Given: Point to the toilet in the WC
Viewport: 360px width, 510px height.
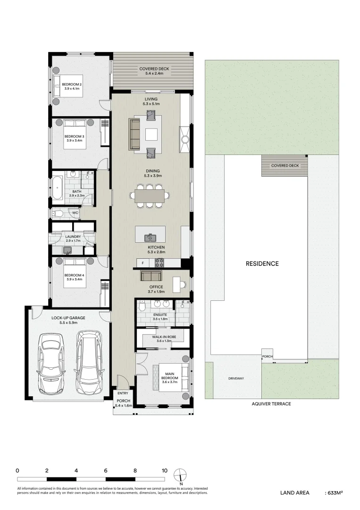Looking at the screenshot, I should click(x=58, y=214).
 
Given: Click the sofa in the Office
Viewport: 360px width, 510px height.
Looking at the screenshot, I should click(x=152, y=276).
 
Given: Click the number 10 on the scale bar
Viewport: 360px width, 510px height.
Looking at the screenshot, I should click(x=164, y=470).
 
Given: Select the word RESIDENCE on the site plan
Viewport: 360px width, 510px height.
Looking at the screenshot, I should click(x=262, y=263).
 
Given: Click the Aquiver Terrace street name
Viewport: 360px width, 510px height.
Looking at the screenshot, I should click(x=271, y=404).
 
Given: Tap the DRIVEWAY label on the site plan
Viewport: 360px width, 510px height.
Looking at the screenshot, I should click(x=236, y=379).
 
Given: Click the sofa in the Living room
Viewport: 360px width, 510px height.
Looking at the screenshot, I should click(x=134, y=134).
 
